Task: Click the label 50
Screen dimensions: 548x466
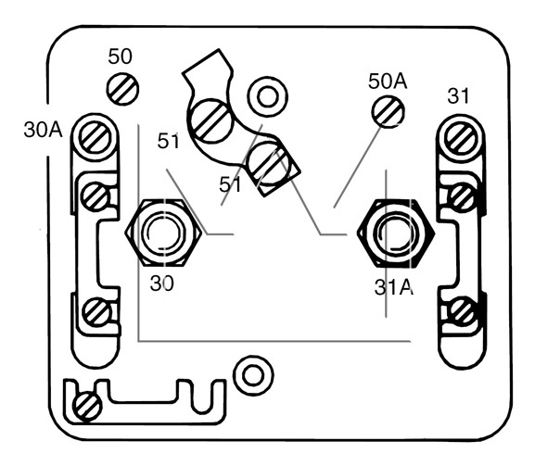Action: tap(121, 57)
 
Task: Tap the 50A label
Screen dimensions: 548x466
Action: tap(388, 82)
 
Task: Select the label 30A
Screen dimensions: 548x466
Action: tap(43, 130)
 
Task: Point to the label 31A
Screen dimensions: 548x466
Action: tap(394, 287)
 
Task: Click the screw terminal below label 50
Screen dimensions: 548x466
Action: tap(122, 89)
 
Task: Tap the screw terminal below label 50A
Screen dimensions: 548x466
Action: tap(388, 112)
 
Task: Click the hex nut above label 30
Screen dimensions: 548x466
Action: tap(163, 233)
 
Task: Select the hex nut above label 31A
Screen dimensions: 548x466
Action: tap(396, 233)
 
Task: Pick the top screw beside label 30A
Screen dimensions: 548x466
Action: tap(96, 137)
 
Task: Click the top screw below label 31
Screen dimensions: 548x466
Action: tap(461, 138)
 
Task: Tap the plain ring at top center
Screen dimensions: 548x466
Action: tap(268, 96)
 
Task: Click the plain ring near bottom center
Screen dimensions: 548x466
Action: tap(253, 375)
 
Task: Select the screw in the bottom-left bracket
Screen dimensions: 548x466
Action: tap(87, 407)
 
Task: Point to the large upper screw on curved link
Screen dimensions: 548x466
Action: tap(211, 120)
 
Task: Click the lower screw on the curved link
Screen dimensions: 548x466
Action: tap(268, 164)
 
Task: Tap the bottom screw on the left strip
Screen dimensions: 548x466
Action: tap(96, 311)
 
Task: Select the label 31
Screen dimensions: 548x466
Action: tap(459, 96)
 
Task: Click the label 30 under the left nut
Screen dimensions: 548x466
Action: tap(162, 283)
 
